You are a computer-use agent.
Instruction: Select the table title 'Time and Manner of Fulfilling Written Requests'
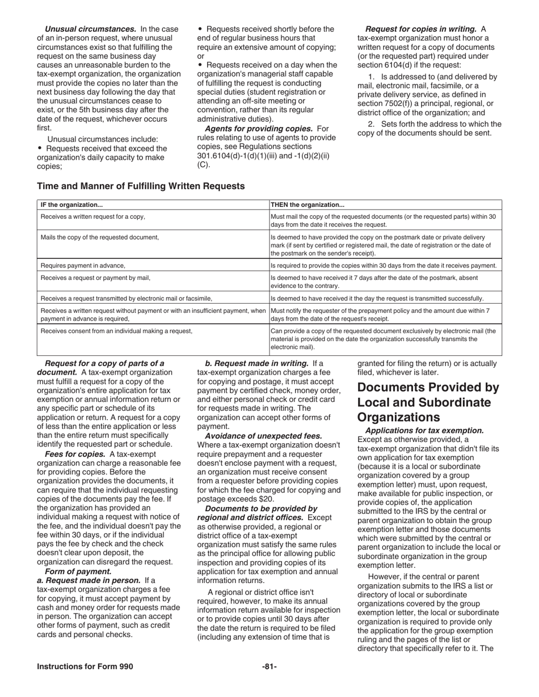(141, 186)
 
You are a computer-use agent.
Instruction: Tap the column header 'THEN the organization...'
(308, 205)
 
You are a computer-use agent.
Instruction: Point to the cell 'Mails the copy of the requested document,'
(100, 237)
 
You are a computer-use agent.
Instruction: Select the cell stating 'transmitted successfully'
(377, 298)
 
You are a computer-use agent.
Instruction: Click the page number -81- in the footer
(269, 666)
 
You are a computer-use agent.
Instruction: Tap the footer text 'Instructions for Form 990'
(85, 666)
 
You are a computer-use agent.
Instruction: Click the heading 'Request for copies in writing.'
(420, 29)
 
